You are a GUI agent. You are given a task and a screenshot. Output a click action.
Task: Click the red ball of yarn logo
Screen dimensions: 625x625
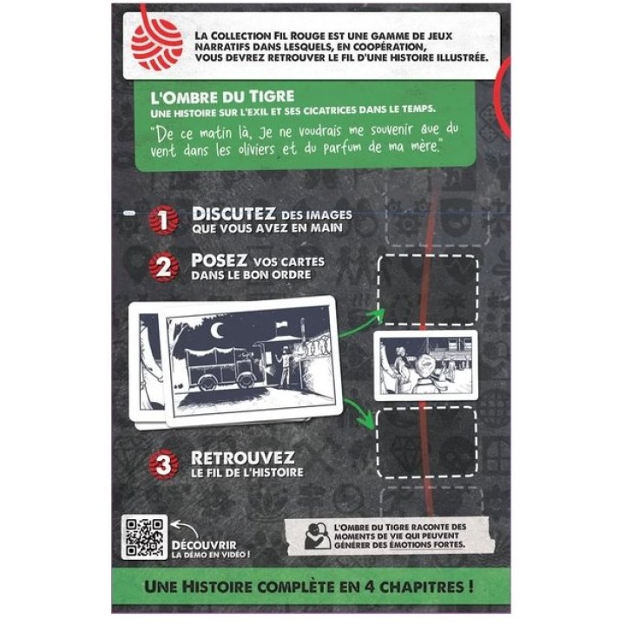[x=156, y=46]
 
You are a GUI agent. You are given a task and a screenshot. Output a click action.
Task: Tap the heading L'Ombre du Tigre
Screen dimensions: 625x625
[x=222, y=96]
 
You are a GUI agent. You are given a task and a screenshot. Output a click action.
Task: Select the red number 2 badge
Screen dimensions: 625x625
[x=163, y=266]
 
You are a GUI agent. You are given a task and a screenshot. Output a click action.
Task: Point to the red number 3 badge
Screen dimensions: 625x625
[x=163, y=464]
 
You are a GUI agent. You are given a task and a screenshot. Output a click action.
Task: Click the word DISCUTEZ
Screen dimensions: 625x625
[x=234, y=214]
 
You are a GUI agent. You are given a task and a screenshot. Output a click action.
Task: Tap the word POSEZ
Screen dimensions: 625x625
[x=219, y=260]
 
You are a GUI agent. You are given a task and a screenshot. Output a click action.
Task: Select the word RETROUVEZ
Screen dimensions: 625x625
[x=243, y=458]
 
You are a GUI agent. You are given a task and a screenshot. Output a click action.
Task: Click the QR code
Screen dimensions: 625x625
[x=144, y=537]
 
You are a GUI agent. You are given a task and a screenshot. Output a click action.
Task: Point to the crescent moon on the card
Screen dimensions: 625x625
[x=216, y=330]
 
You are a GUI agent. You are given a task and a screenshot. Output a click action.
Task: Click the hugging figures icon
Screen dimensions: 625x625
[x=318, y=536]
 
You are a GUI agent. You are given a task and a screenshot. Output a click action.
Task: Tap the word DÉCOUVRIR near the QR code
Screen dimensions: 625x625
[x=204, y=545]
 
